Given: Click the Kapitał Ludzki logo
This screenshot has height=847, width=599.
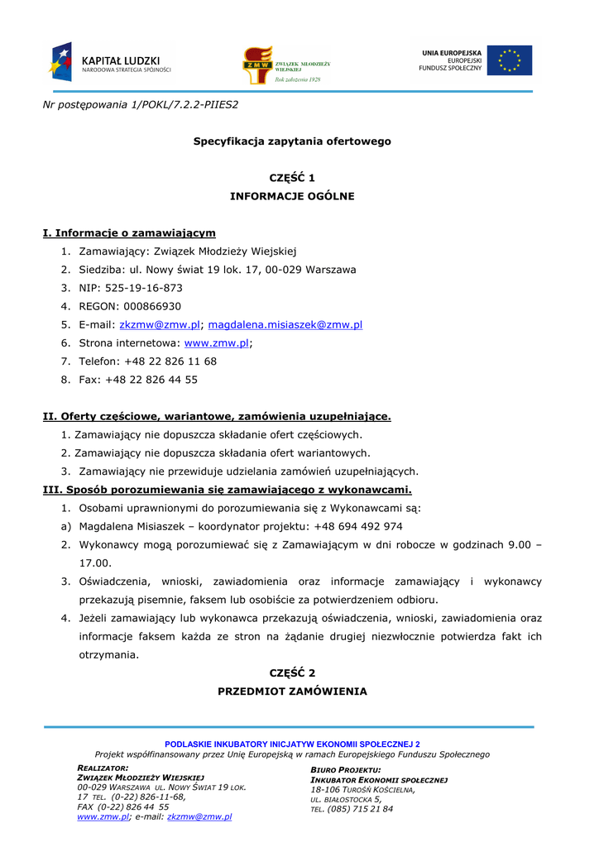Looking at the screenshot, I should (110, 62).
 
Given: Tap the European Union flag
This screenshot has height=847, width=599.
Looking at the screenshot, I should (510, 60).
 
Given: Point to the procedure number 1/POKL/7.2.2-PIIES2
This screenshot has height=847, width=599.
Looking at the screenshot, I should (184, 104).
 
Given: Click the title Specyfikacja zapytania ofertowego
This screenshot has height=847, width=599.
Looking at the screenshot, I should (292, 141).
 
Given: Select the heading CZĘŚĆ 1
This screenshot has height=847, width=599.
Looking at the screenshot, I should (292, 178).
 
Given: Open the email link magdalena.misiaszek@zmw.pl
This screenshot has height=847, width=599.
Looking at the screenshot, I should (285, 325).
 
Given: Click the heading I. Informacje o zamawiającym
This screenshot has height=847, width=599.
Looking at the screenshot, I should (129, 233).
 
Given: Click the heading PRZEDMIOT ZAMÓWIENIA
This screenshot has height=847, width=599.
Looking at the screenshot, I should (292, 691).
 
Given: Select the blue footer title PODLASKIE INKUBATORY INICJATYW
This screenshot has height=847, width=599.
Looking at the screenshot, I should (292, 744).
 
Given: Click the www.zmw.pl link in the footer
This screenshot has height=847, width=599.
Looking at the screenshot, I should (103, 816).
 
